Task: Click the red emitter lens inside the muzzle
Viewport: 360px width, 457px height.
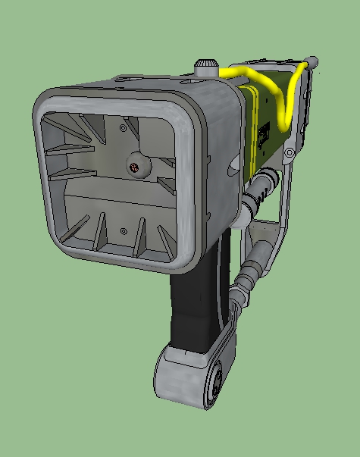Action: click(x=133, y=167)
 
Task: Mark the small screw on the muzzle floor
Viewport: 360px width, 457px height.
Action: click(x=123, y=230)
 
